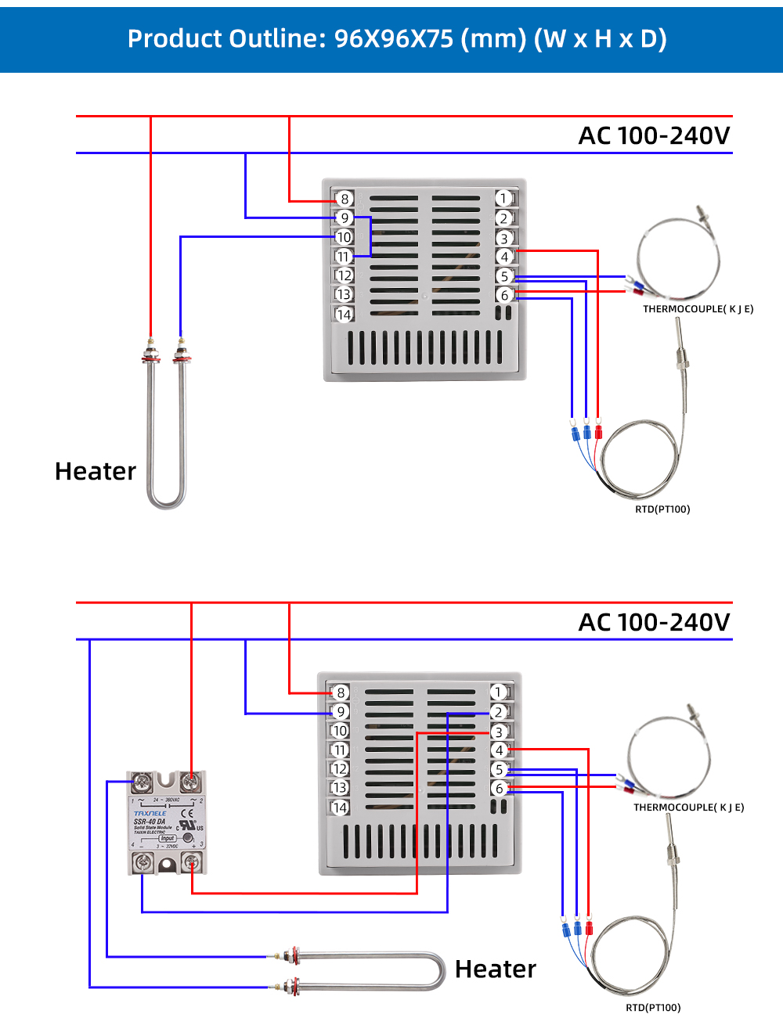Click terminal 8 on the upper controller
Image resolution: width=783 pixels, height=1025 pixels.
tap(345, 199)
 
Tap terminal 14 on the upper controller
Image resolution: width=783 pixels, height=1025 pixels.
tap(344, 315)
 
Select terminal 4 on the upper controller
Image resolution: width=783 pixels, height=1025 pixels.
tap(504, 257)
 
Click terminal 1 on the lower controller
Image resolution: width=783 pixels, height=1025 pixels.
tap(499, 692)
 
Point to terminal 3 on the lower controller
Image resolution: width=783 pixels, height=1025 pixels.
tap(499, 732)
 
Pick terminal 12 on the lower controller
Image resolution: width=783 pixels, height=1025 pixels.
tap(340, 769)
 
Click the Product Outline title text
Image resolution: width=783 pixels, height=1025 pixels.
tap(397, 38)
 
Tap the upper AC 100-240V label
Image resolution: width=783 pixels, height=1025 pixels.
tap(654, 135)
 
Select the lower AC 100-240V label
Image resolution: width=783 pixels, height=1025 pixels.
tap(654, 622)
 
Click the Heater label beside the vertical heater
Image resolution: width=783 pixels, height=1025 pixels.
tap(96, 471)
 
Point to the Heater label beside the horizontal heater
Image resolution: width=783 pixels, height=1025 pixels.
tap(496, 969)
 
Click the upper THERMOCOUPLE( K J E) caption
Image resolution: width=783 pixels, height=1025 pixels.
tap(698, 309)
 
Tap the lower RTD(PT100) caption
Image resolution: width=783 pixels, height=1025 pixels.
tap(653, 1007)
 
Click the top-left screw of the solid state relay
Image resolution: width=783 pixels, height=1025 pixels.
tap(142, 782)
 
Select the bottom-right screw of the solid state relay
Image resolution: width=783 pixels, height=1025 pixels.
tap(191, 863)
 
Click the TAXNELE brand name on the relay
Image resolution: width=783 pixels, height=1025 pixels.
tap(150, 814)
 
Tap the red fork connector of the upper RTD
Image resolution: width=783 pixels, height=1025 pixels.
tap(599, 432)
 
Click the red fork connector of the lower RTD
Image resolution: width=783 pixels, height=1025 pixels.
tap(589, 929)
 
